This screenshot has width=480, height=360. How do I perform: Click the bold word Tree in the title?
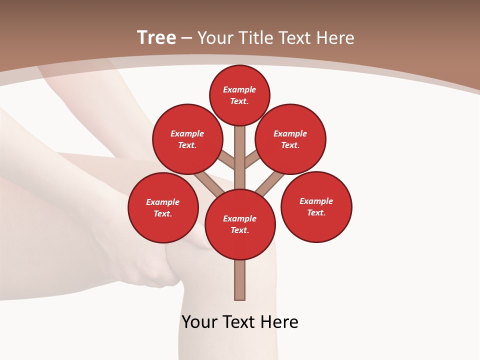(x=156, y=37)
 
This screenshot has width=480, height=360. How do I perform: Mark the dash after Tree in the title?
(x=186, y=38)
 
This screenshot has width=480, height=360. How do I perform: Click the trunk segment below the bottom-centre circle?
(x=240, y=280)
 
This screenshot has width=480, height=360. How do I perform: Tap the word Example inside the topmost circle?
(x=239, y=90)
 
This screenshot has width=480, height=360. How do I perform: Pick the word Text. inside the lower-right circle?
(x=316, y=212)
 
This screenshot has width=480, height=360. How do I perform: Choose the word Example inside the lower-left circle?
(x=162, y=202)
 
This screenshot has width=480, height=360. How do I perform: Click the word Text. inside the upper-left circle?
(x=187, y=145)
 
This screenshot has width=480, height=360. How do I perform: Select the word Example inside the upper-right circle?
(x=290, y=133)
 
